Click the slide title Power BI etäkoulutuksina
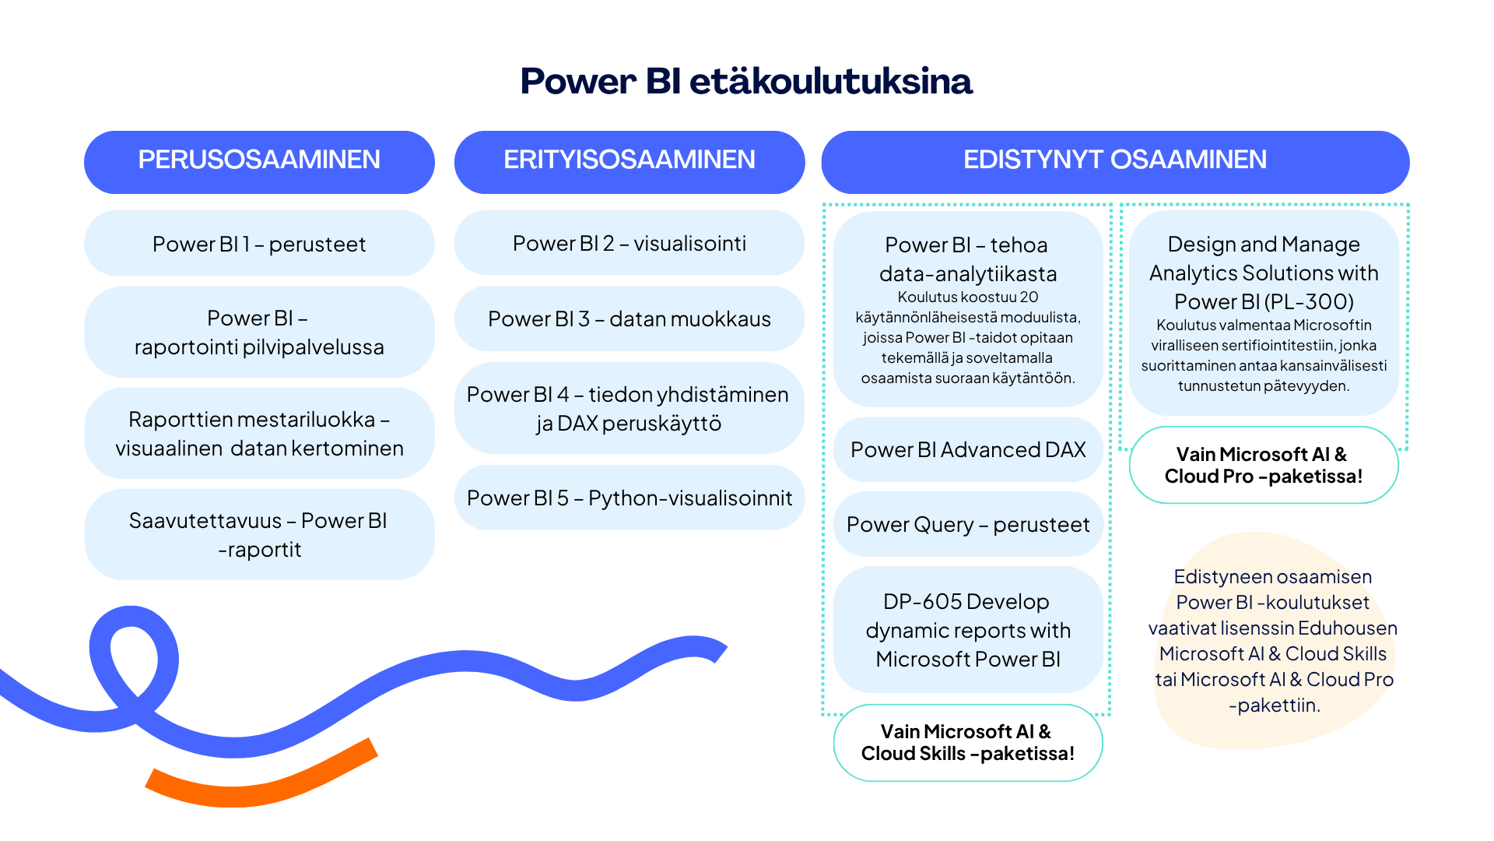coord(746,81)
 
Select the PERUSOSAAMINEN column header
coord(259,162)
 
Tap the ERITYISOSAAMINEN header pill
coord(630,162)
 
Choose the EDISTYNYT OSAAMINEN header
coord(1115,162)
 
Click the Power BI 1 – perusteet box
coord(259,243)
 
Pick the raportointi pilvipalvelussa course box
coord(259,332)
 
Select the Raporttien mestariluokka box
coord(259,433)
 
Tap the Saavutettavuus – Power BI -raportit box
coord(259,534)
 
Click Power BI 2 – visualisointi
coord(630,243)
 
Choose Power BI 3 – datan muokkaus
coord(630,318)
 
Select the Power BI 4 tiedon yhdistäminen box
coord(630,408)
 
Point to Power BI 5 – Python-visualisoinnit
coord(630,498)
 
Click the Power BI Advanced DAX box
coord(968,449)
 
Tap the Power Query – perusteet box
coord(968,524)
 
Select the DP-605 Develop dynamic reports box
coord(968,630)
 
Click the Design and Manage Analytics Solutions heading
coord(1264,273)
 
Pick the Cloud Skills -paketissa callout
coord(968,743)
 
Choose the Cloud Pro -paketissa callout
coord(1264,465)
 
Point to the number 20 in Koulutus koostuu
coord(1029,297)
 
